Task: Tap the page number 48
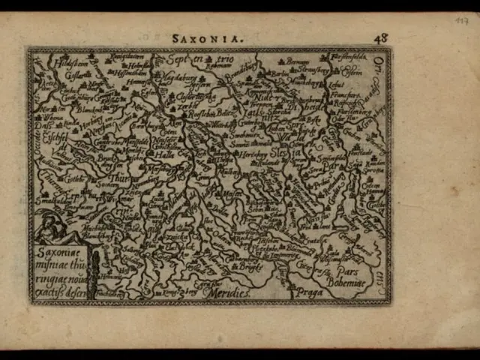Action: [x=382, y=37]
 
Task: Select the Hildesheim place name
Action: [x=50, y=65]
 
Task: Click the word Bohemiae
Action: [x=349, y=282]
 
